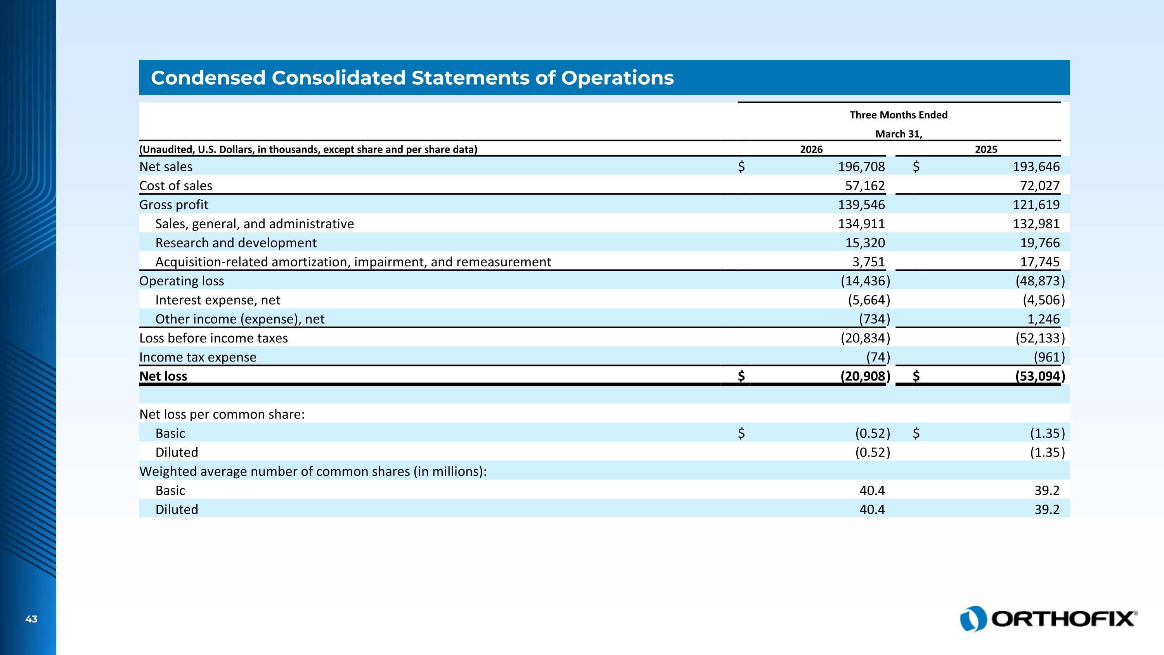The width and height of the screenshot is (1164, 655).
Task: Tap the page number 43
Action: (31, 619)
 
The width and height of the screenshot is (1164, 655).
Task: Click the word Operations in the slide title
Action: (617, 78)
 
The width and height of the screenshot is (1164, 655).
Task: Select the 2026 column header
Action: (812, 149)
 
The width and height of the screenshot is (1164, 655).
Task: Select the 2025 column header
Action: (986, 149)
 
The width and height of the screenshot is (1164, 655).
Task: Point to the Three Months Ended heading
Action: (898, 115)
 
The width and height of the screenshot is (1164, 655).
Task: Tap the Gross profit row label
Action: (174, 205)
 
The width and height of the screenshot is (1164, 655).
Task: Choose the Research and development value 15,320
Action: (865, 243)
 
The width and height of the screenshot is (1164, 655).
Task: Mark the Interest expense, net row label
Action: (218, 300)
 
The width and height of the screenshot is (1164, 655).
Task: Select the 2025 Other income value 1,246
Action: (1043, 319)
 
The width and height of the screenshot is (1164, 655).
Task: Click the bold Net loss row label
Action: (163, 376)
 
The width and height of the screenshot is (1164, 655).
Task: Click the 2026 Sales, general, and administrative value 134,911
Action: (861, 224)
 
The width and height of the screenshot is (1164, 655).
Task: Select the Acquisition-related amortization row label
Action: (353, 262)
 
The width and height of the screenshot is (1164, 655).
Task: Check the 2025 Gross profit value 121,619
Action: (1036, 205)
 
